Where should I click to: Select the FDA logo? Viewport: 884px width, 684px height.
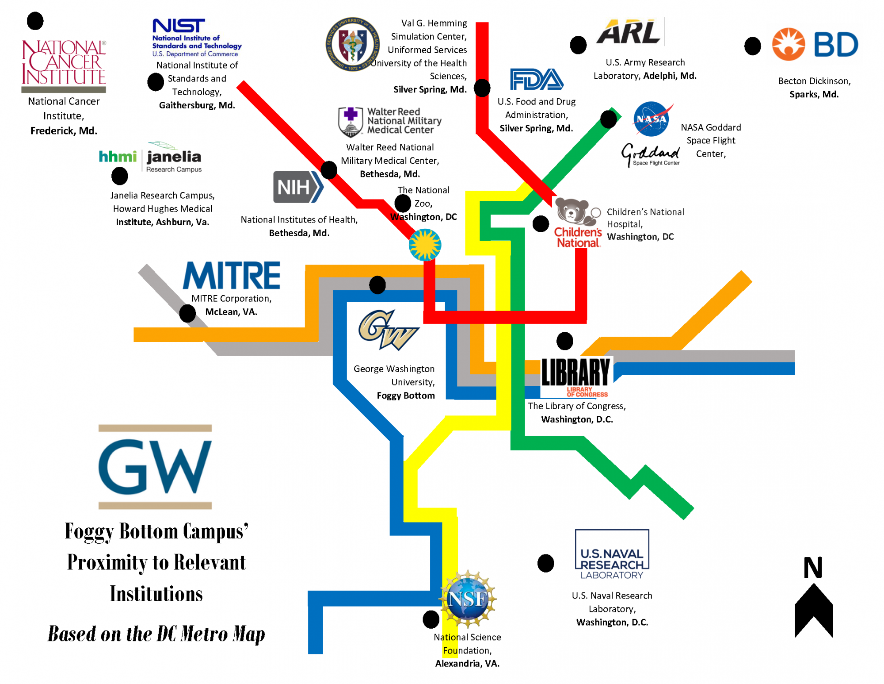[x=536, y=80]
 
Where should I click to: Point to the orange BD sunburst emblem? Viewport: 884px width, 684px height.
[x=788, y=44]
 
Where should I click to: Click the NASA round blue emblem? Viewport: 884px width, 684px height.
[x=651, y=119]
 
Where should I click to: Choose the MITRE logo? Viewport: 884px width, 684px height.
[x=232, y=276]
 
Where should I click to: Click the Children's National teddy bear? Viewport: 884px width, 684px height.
[x=573, y=212]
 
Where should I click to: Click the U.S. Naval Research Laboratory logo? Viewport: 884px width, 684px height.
[x=612, y=555]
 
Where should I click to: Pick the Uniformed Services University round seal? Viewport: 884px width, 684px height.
[x=352, y=45]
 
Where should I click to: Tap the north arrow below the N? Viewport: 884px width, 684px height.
[x=813, y=611]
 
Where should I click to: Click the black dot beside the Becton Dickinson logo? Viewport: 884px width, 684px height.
[x=752, y=46]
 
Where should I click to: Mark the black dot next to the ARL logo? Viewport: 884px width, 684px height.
[x=578, y=45]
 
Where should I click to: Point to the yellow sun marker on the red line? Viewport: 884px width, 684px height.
[x=425, y=245]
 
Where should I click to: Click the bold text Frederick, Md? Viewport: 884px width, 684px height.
[x=64, y=131]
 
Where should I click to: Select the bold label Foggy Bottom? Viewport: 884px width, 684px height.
[x=405, y=396]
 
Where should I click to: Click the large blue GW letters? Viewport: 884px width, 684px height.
[x=155, y=467]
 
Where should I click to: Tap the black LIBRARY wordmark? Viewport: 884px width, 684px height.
[x=575, y=372]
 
